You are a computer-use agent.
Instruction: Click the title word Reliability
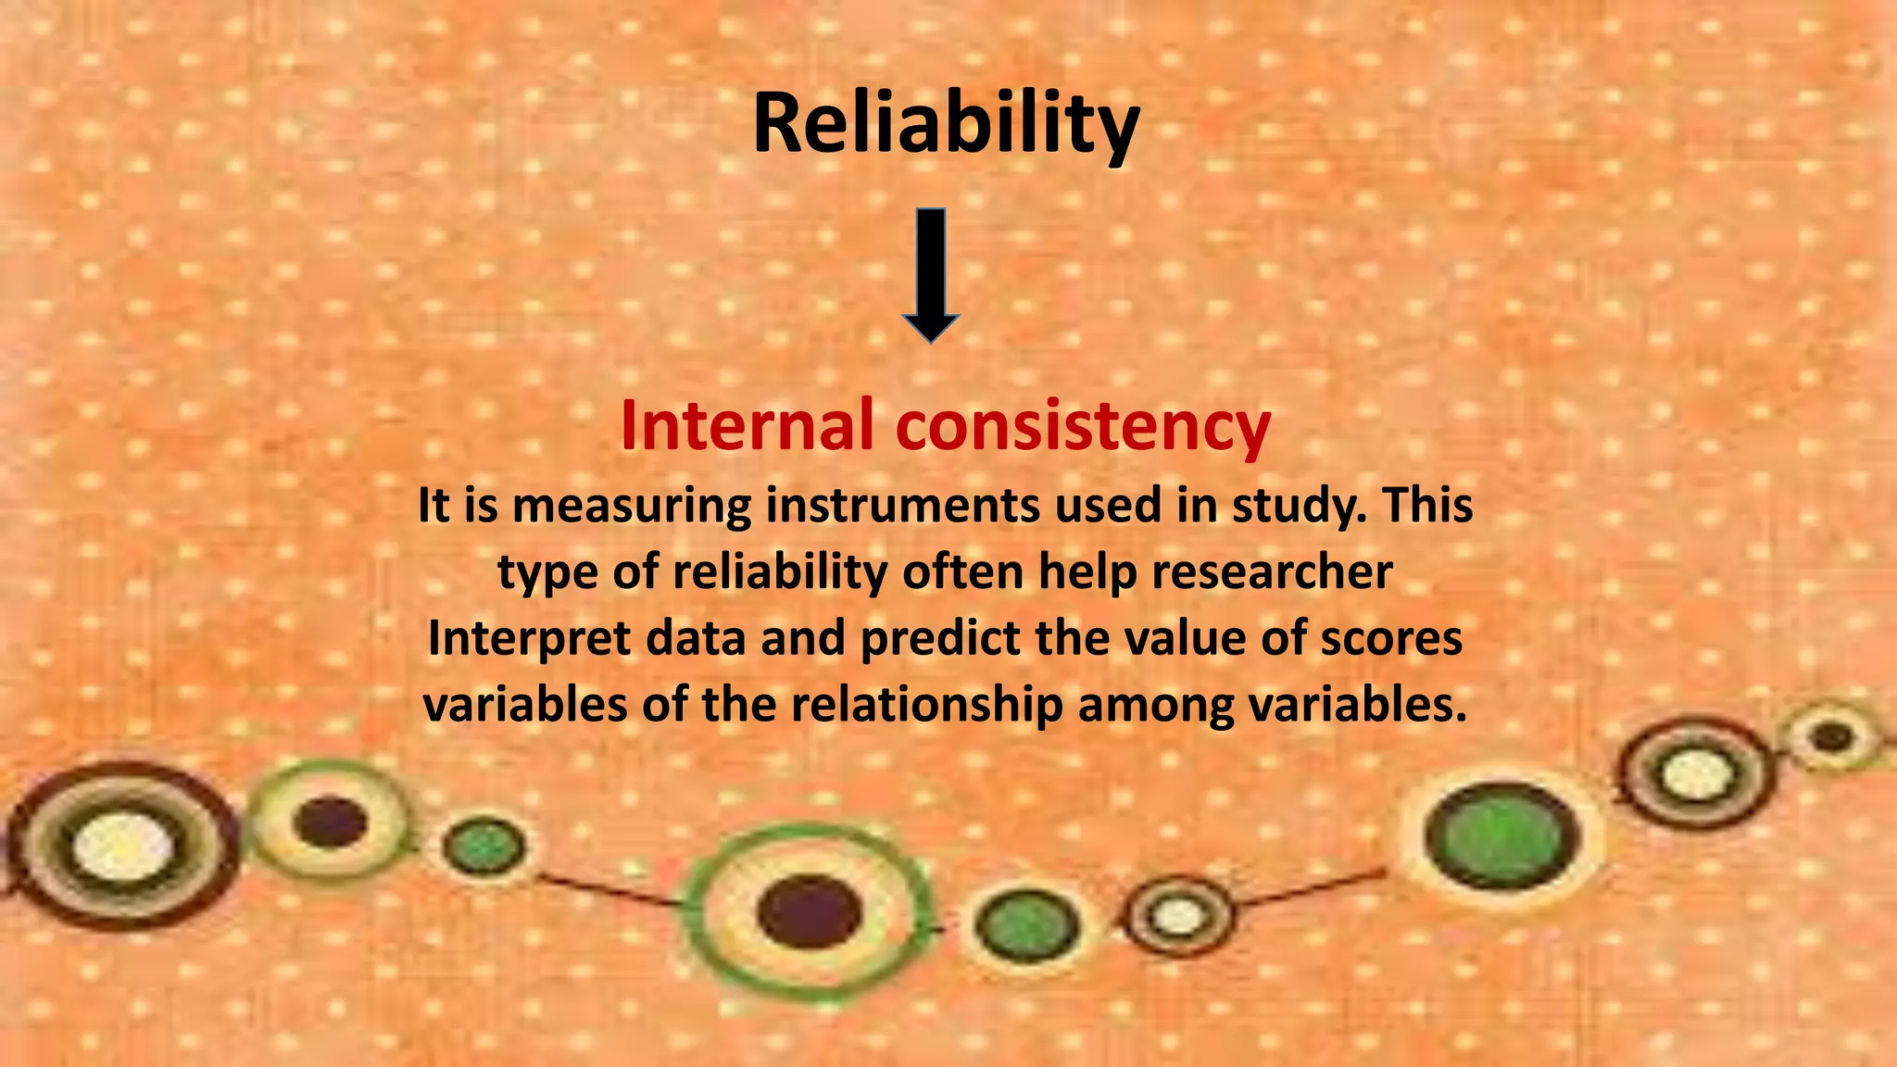946,125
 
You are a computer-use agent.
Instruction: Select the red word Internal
747,425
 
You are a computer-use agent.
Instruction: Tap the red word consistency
1083,427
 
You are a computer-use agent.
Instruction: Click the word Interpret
528,638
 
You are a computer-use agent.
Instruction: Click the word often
963,571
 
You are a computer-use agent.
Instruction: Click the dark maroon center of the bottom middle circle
809,911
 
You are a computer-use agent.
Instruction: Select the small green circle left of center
483,847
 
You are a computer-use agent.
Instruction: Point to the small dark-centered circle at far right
1830,738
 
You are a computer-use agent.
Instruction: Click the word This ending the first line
1427,506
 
